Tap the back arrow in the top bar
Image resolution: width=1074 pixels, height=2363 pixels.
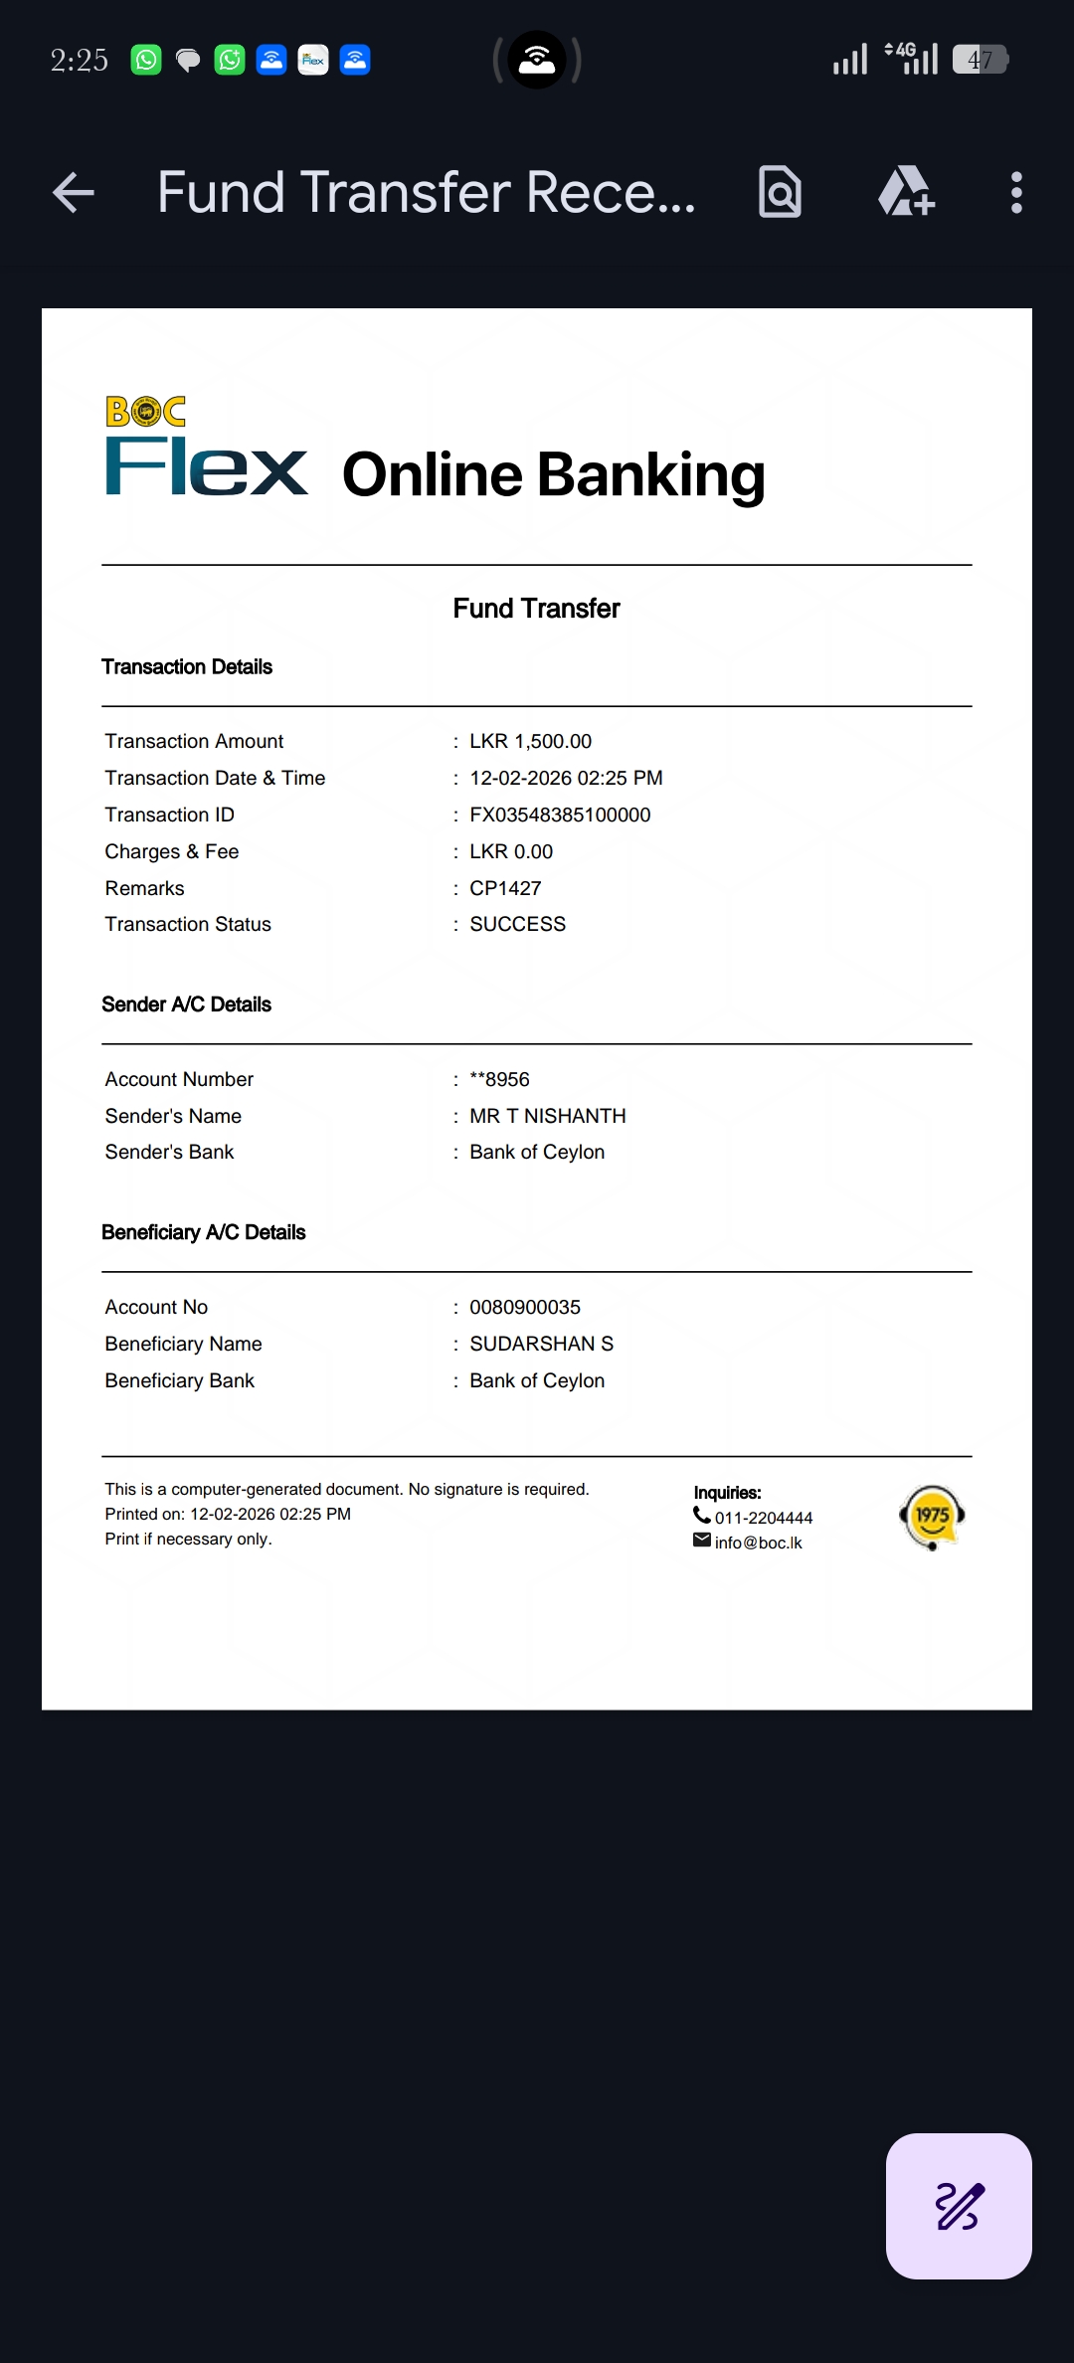(x=74, y=193)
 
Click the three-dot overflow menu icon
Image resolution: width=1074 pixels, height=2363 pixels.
(x=1015, y=193)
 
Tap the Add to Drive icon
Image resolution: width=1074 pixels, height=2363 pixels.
(x=906, y=192)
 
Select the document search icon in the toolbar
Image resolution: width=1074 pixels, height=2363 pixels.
(x=780, y=192)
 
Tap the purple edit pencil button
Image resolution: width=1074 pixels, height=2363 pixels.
(x=959, y=2206)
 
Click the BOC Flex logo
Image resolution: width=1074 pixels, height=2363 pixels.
(x=206, y=447)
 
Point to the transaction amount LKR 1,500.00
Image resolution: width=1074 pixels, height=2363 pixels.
(x=530, y=742)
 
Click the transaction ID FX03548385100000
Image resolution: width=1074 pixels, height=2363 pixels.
(x=560, y=816)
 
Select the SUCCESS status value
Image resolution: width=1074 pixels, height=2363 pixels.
(x=517, y=925)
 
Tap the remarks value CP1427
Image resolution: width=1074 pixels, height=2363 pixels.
(x=505, y=888)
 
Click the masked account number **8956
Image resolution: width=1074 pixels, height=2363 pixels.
(x=499, y=1080)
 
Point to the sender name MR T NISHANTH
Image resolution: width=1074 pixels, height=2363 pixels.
(x=547, y=1116)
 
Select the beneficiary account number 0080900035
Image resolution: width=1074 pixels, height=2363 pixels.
(x=525, y=1308)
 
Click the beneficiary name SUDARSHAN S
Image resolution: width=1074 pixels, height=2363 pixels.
(x=541, y=1345)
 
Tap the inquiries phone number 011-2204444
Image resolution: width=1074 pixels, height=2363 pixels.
(x=763, y=1518)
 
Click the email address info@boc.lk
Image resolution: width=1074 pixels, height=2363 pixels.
(x=758, y=1543)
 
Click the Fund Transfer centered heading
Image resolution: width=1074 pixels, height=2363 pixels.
(x=536, y=609)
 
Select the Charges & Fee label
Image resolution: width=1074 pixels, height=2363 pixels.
(x=172, y=852)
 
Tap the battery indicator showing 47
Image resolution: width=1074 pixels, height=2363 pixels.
(x=981, y=61)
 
